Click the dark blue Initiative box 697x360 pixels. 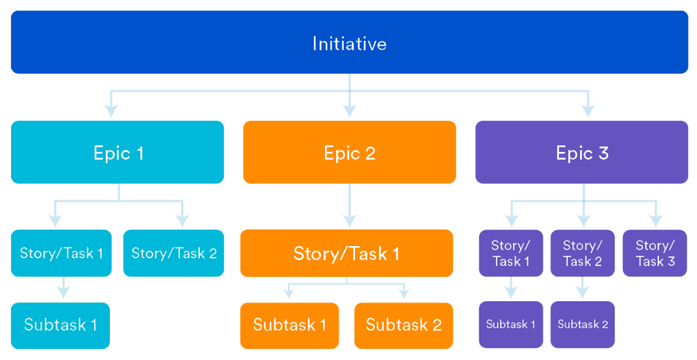(x=349, y=42)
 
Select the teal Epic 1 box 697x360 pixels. (x=118, y=152)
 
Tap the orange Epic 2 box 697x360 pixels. (x=349, y=152)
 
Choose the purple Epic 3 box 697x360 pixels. (x=582, y=152)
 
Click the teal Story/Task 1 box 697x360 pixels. (x=62, y=253)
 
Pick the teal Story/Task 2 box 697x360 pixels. (x=174, y=253)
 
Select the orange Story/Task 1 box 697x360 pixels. (x=346, y=253)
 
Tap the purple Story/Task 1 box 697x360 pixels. (x=511, y=253)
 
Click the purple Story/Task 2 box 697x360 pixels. (x=582, y=253)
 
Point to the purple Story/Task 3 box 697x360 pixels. (x=655, y=253)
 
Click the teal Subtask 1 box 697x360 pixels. (x=60, y=325)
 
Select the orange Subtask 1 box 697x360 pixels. (x=289, y=325)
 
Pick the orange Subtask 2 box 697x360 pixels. (x=404, y=325)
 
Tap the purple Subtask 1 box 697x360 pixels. (x=511, y=325)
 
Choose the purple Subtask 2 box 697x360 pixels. (x=582, y=325)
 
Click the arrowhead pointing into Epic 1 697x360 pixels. (x=111, y=111)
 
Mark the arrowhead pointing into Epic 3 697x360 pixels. (x=588, y=111)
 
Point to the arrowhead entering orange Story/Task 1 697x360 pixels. (x=349, y=221)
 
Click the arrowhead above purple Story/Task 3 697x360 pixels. (x=656, y=221)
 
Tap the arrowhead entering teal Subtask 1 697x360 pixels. (x=64, y=292)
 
